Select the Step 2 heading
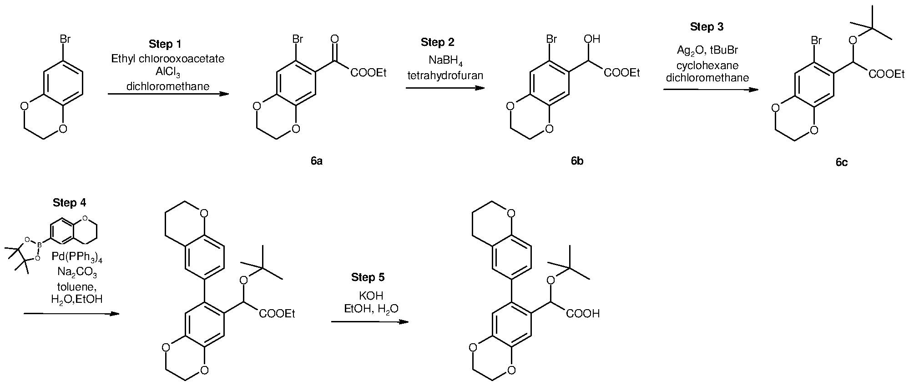pyautogui.click(x=437, y=43)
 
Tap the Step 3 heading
pyautogui.click(x=707, y=27)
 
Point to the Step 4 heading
pyautogui.click(x=69, y=203)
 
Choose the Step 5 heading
pyautogui.click(x=368, y=277)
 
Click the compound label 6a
pyautogui.click(x=317, y=161)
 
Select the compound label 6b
pyautogui.click(x=577, y=161)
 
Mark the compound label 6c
pyautogui.click(x=841, y=162)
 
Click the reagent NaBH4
pyautogui.click(x=445, y=61)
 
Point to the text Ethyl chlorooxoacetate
pyautogui.click(x=168, y=59)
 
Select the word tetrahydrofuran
pyautogui.click(x=445, y=75)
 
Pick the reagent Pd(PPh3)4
pyautogui.click(x=77, y=258)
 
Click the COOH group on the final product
pyautogui.click(x=583, y=314)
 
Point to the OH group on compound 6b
pyautogui.click(x=591, y=40)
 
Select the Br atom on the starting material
pyautogui.click(x=65, y=40)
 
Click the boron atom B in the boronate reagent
pyautogui.click(x=40, y=244)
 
